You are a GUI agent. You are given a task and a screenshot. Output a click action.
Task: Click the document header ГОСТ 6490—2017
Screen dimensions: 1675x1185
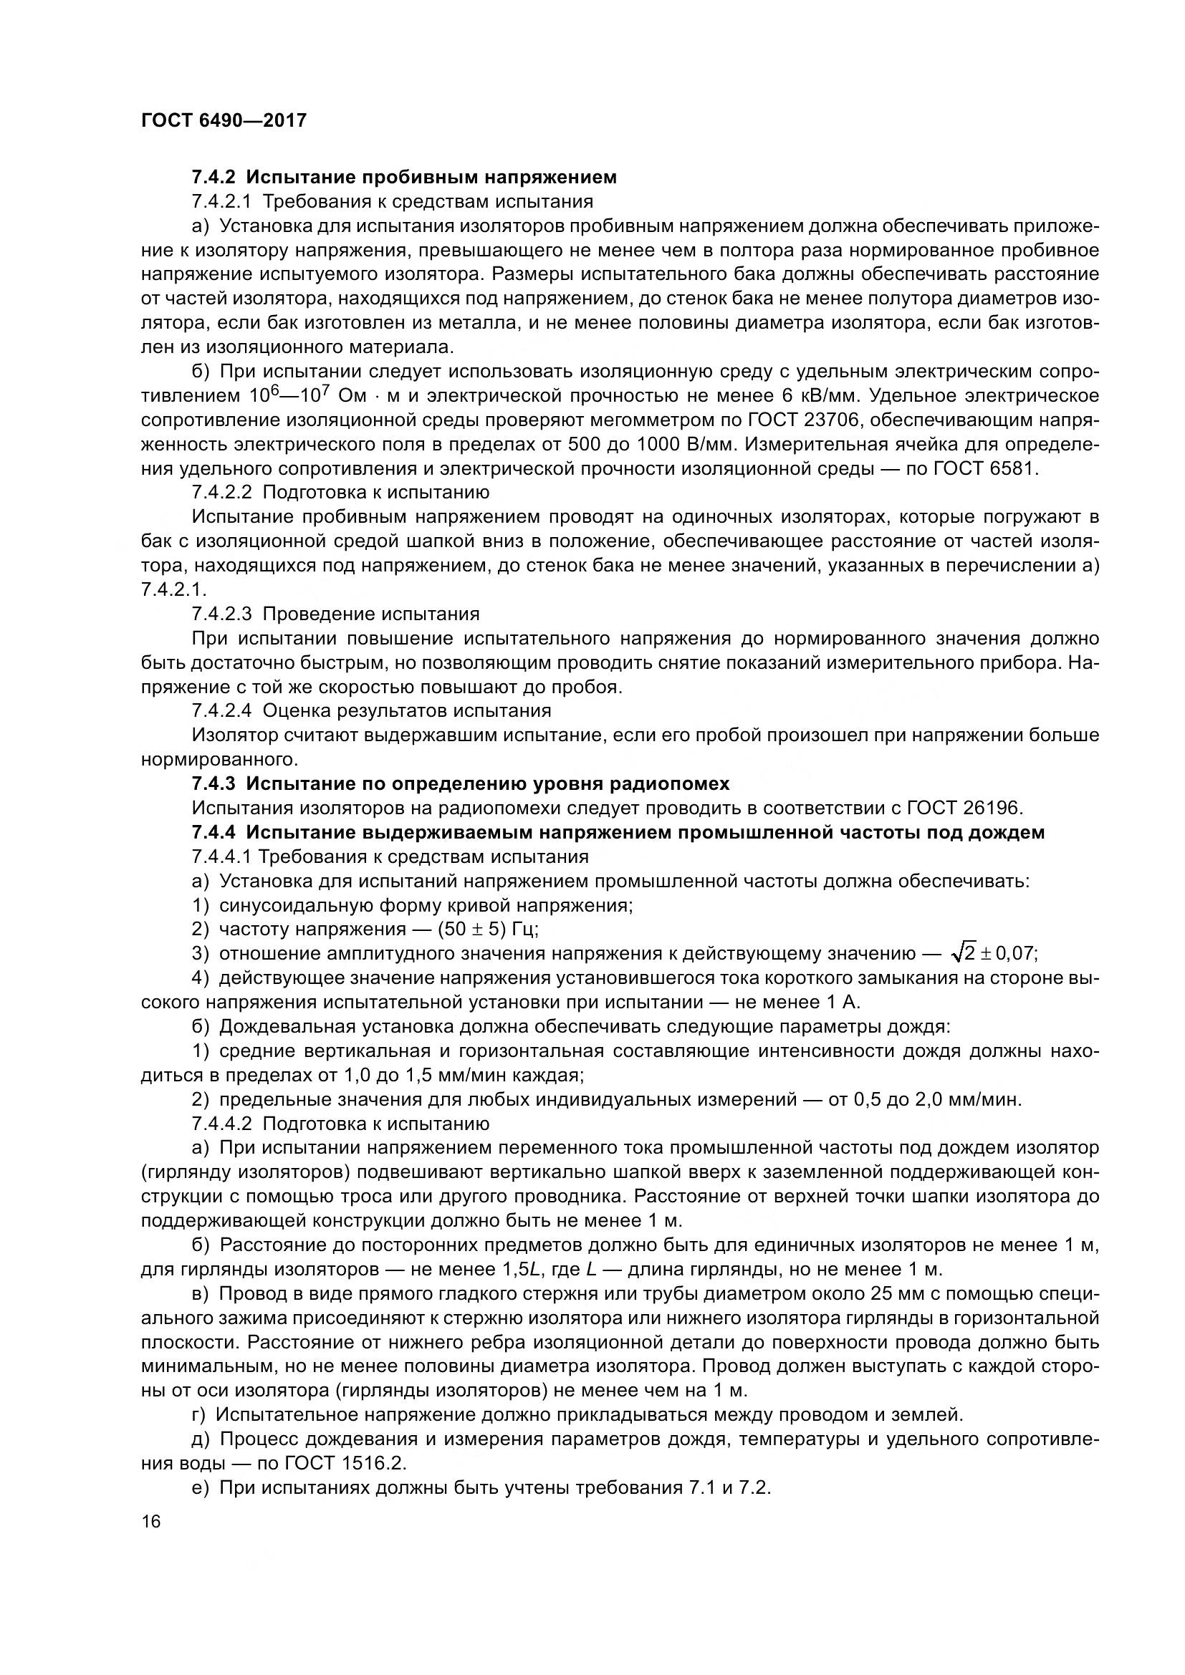224,120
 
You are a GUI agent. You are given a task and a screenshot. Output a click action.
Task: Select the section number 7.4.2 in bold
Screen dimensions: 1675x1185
213,178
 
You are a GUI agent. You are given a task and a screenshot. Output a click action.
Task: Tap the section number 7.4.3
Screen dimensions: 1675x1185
213,784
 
